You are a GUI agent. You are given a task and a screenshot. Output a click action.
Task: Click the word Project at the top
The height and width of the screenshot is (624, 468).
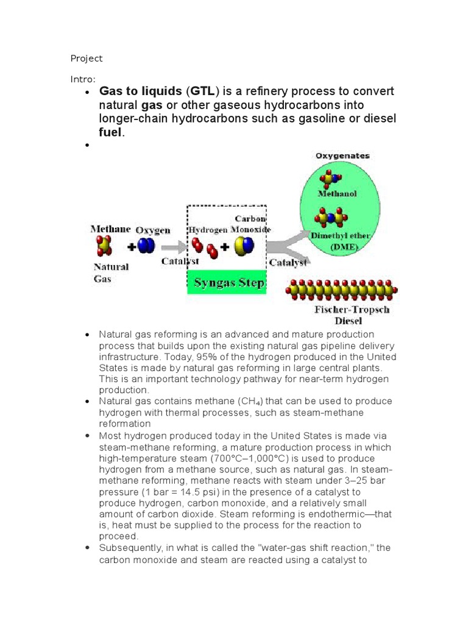[x=87, y=58]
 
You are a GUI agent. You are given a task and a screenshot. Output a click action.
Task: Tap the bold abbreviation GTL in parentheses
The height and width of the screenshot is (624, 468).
[x=202, y=91]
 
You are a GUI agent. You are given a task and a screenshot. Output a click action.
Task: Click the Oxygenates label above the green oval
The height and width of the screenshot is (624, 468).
[x=342, y=156]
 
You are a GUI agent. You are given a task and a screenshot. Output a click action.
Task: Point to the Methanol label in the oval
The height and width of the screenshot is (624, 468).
[x=338, y=194]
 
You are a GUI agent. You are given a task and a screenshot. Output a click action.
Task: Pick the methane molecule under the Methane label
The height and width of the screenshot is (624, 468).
[x=103, y=246]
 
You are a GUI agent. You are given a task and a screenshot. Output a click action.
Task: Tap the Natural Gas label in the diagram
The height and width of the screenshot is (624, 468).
[x=110, y=272]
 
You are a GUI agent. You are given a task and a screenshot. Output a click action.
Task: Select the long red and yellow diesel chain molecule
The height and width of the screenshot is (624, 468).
[x=342, y=291]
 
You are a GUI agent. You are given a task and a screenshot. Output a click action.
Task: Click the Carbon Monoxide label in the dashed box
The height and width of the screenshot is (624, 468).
[x=251, y=224]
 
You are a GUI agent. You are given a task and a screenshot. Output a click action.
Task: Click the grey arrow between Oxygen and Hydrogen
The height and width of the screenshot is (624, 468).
[x=172, y=247]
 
